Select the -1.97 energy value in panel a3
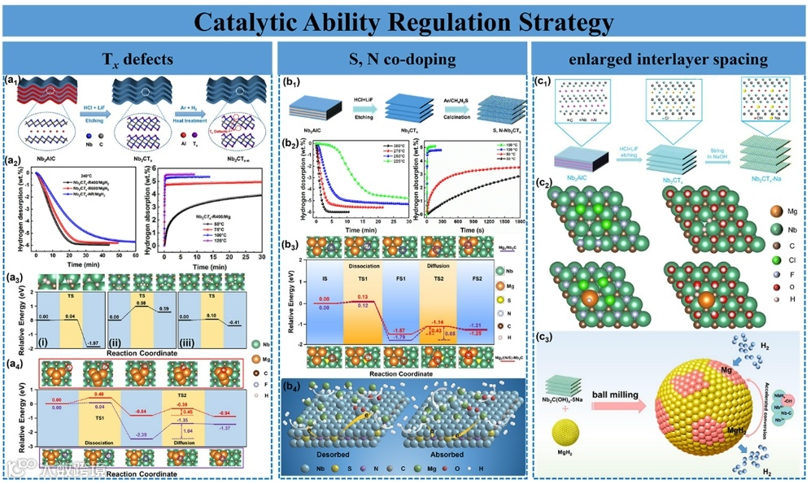[x=94, y=343]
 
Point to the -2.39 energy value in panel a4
[x=140, y=435]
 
